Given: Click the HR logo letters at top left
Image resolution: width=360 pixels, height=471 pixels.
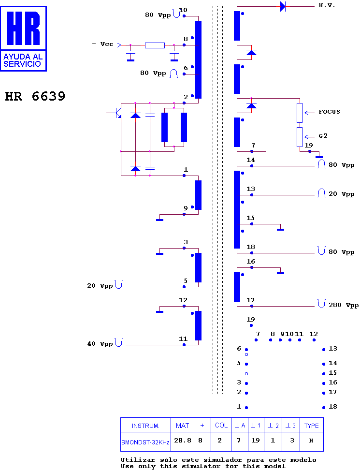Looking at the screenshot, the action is (x=23, y=28).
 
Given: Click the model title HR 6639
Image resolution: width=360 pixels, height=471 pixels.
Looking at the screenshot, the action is (x=35, y=96).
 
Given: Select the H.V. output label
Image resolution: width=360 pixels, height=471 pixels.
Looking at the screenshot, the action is (x=327, y=5).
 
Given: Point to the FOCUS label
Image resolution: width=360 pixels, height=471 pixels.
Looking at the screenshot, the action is (x=329, y=112).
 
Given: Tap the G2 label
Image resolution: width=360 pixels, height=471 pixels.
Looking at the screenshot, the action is (x=323, y=136).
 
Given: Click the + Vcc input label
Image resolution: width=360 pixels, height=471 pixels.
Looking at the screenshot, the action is (x=103, y=44).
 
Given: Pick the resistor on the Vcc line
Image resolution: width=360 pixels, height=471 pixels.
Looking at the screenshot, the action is (x=155, y=45).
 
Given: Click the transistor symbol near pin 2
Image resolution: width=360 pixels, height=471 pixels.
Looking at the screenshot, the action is (x=116, y=113).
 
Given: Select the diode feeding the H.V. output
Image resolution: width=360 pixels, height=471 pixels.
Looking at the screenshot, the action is (x=283, y=6).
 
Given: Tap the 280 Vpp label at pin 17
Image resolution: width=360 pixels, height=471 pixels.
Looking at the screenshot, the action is (x=344, y=305).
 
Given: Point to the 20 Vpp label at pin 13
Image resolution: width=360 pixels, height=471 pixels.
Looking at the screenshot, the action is (x=341, y=194).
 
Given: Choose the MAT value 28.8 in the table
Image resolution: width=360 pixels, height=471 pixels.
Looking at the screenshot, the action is (x=183, y=441).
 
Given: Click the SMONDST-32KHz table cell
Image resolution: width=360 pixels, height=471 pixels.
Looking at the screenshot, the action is (x=145, y=442).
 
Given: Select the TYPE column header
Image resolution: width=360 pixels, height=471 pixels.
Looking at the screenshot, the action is (x=311, y=426).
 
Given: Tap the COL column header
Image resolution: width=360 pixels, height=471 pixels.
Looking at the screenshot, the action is (x=221, y=426).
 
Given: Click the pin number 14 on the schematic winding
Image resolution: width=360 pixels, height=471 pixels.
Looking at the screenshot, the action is (x=251, y=160).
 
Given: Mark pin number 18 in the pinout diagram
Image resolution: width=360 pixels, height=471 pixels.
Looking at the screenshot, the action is (x=332, y=407).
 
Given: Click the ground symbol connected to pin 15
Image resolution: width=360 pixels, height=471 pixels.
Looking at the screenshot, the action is (x=280, y=230).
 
